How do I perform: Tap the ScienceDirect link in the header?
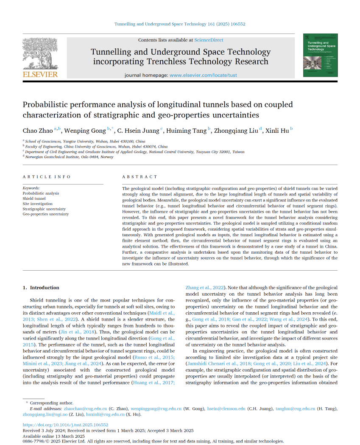pyautogui.click(x=209, y=40)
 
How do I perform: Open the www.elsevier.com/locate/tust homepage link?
pyautogui.click(x=203, y=75)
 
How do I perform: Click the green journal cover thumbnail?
pyautogui.click(x=320, y=55)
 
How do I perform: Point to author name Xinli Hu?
pyautogui.click(x=278, y=131)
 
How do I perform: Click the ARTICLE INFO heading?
pyautogui.click(x=47, y=176)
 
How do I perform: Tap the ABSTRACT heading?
pyautogui.click(x=140, y=176)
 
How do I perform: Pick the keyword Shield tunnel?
pyautogui.click(x=34, y=199)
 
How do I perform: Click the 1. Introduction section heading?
pyautogui.click(x=41, y=288)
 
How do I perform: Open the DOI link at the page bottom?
pyautogui.click(x=65, y=425)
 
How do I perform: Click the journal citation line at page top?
pyautogui.click(x=180, y=24)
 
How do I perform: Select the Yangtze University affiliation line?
pyautogui.click(x=85, y=141)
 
